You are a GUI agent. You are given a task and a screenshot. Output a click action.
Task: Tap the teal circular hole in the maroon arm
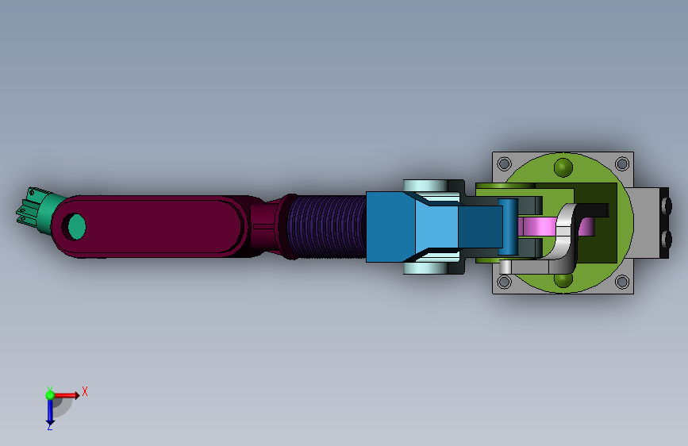pyautogui.click(x=77, y=226)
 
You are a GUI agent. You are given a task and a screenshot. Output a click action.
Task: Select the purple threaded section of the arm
pyautogui.click(x=326, y=226)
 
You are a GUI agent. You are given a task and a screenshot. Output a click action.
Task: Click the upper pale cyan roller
pyautogui.click(x=425, y=186)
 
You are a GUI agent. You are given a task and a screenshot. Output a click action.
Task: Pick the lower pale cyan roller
pyautogui.click(x=425, y=268)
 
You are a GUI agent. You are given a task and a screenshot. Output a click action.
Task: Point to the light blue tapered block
pyautogui.click(x=436, y=226)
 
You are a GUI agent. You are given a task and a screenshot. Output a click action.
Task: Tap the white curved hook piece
pyautogui.click(x=563, y=237)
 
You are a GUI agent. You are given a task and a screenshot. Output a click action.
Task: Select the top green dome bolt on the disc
pyautogui.click(x=563, y=167)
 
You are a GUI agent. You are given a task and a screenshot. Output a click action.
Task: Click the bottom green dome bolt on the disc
pyautogui.click(x=563, y=279)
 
